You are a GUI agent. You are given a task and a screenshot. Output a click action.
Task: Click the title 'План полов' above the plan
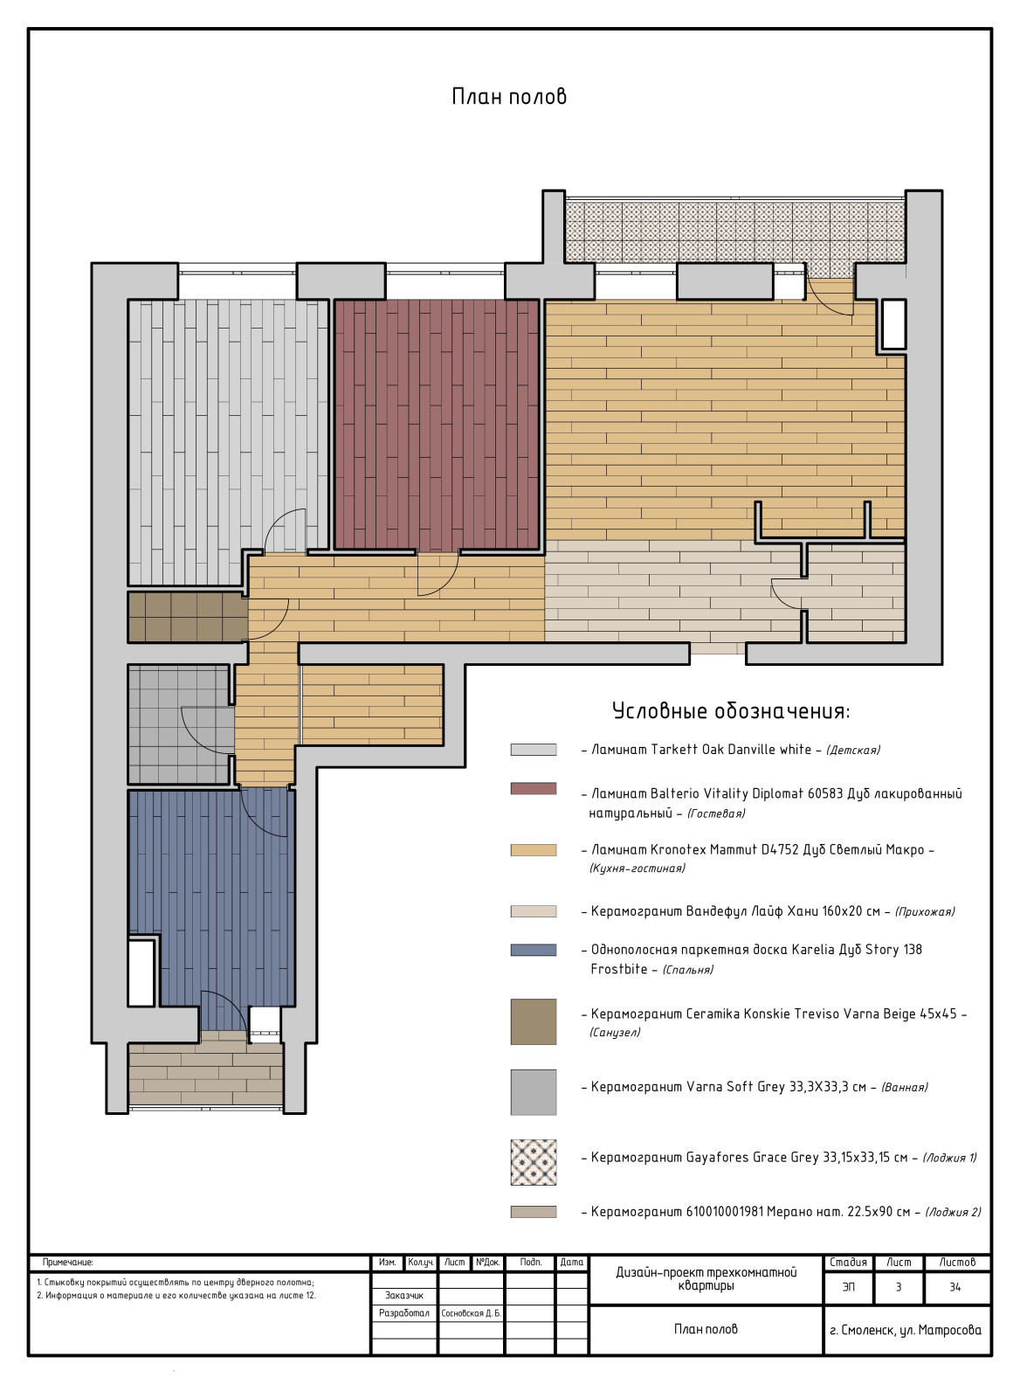coord(509,97)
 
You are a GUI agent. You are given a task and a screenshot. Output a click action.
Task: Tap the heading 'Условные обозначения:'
coord(731,711)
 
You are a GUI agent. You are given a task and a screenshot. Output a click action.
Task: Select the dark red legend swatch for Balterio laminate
coord(534,788)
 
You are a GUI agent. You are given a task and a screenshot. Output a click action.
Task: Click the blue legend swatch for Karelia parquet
coord(534,950)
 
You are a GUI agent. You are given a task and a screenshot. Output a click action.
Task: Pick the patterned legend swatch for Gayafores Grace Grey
coord(534,1162)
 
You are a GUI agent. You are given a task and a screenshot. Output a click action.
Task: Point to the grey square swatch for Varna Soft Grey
coord(534,1092)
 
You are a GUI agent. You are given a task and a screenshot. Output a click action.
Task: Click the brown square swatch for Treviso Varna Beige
coord(534,1021)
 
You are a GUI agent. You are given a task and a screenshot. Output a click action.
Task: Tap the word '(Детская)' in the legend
coord(853,750)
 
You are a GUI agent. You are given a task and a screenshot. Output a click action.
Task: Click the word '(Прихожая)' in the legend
coord(925,912)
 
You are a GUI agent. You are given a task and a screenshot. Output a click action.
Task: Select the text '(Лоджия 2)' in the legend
coord(953,1212)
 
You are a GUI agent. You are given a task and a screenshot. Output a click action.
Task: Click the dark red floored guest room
coord(437,425)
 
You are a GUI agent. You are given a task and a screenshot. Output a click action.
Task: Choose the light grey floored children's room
coord(228,437)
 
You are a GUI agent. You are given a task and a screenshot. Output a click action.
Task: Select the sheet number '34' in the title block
coord(955,1287)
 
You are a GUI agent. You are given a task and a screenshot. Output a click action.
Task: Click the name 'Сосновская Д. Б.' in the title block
coord(471,1313)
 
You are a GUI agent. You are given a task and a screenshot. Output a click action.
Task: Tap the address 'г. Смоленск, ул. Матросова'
coord(906,1330)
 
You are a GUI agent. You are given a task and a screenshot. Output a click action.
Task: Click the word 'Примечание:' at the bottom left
coord(68,1262)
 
